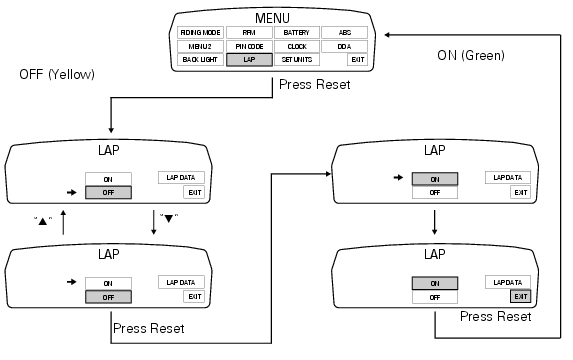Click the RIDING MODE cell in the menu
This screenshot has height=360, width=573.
tap(201, 33)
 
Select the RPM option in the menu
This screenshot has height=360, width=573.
tap(248, 33)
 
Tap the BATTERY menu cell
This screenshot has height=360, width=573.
tap(296, 33)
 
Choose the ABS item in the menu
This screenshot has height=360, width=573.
tap(344, 33)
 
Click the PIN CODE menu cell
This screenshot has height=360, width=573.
tap(248, 46)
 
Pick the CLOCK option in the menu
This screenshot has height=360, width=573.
tap(296, 46)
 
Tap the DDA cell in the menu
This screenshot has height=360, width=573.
tap(344, 46)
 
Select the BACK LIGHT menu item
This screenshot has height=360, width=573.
tap(201, 60)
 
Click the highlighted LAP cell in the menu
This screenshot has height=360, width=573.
tap(248, 60)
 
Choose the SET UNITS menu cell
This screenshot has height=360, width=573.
tap(296, 60)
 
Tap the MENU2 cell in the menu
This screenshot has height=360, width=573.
tap(201, 46)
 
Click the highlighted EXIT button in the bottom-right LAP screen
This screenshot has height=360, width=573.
tap(519, 297)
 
